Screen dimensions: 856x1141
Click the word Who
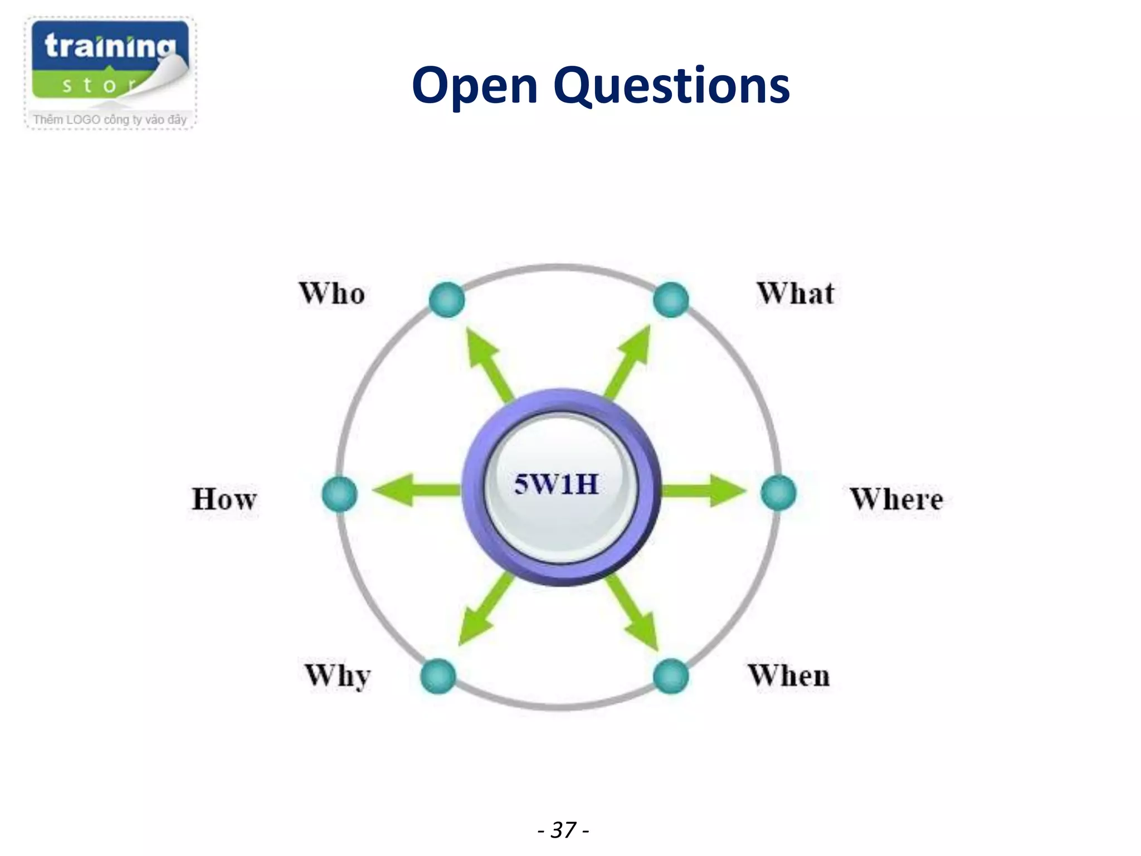click(x=332, y=293)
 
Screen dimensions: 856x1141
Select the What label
click(x=796, y=293)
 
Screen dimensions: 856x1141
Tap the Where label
click(x=896, y=499)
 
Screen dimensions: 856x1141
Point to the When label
click(x=789, y=675)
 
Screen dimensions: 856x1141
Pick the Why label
click(x=338, y=675)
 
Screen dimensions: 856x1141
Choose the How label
click(x=225, y=499)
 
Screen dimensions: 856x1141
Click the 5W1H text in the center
click(x=557, y=484)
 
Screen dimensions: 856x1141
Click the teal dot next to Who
click(x=447, y=300)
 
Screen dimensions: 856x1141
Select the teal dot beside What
click(x=671, y=300)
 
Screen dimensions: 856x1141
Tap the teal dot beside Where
click(x=778, y=493)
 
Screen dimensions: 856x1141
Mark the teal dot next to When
click(x=671, y=677)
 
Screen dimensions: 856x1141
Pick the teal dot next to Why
click(x=438, y=677)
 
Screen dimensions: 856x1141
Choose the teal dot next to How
click(x=339, y=494)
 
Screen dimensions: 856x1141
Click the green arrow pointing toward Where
click(x=703, y=490)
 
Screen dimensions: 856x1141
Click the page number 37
click(x=563, y=830)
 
